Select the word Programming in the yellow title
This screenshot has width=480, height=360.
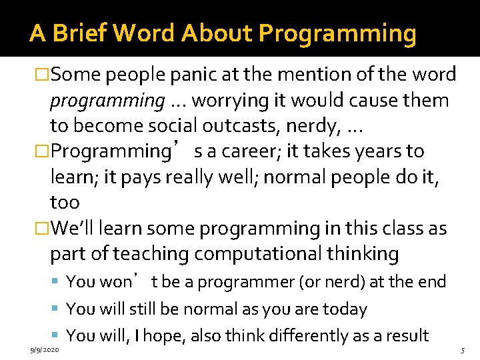337,33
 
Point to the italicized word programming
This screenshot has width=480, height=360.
107,100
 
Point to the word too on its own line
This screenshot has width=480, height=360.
65,202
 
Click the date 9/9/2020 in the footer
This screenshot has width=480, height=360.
44,349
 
